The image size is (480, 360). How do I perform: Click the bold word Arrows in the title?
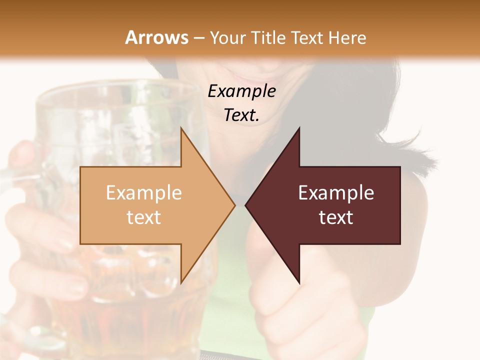(156, 37)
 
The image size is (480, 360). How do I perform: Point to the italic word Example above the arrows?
(241, 91)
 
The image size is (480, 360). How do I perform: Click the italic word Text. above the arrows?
(241, 115)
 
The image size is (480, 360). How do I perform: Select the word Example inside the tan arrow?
(143, 193)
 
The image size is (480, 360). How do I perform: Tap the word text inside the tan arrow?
(143, 217)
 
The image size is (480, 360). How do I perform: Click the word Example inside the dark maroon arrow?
(336, 193)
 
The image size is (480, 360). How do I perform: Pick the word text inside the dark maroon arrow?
(336, 217)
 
